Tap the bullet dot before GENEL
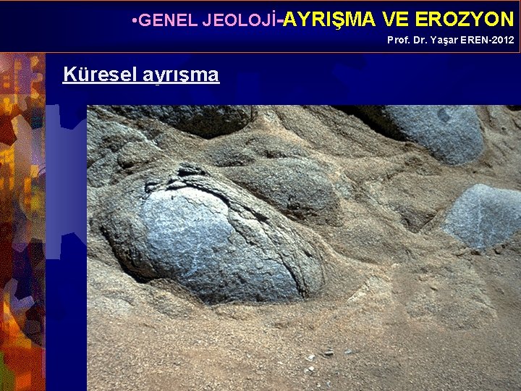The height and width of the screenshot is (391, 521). [135, 20]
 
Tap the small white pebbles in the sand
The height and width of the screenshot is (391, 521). [311, 358]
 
